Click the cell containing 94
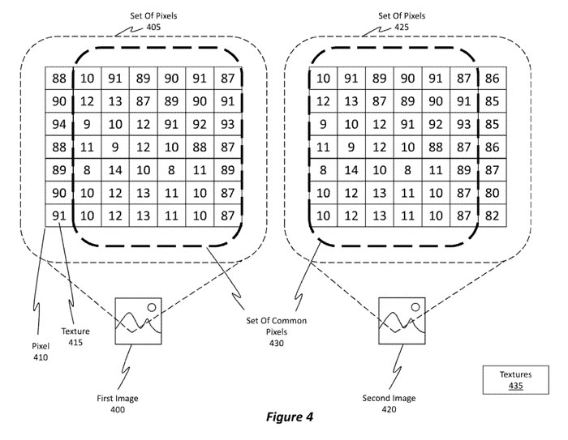click(58, 125)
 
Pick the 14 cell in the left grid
click(115, 171)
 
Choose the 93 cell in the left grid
click(228, 125)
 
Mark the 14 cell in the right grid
click(351, 171)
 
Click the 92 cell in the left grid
click(200, 125)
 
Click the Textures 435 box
click(515, 380)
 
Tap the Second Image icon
click(402, 322)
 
